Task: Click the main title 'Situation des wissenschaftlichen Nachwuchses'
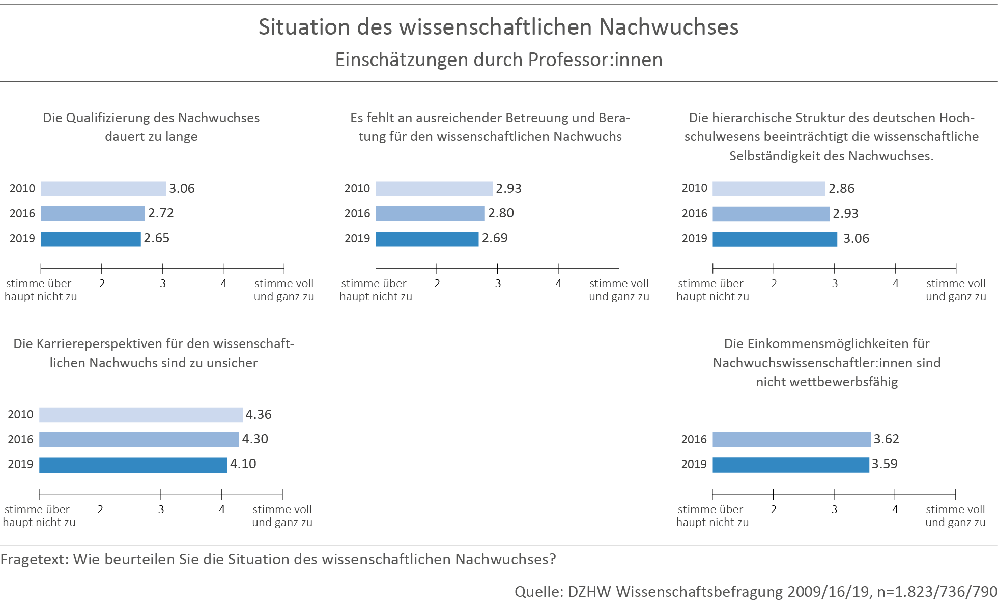point(498,27)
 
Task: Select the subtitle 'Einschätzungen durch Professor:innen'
point(498,60)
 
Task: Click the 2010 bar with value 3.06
point(103,189)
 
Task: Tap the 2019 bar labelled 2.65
point(91,239)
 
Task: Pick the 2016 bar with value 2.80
point(430,214)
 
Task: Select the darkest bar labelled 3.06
point(775,239)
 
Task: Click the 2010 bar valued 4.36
point(140,415)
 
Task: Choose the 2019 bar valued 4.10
point(132,465)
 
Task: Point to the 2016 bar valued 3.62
point(791,440)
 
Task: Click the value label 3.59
point(885,464)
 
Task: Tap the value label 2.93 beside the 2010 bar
point(508,189)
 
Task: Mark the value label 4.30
point(255,439)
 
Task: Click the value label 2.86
point(841,189)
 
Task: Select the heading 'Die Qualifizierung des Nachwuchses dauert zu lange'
point(151,127)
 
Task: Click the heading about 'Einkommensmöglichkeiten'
point(826,363)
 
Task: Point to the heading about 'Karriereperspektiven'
point(154,353)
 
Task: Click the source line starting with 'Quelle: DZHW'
point(755,592)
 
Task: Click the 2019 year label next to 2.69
point(357,239)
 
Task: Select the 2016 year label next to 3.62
point(694,440)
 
